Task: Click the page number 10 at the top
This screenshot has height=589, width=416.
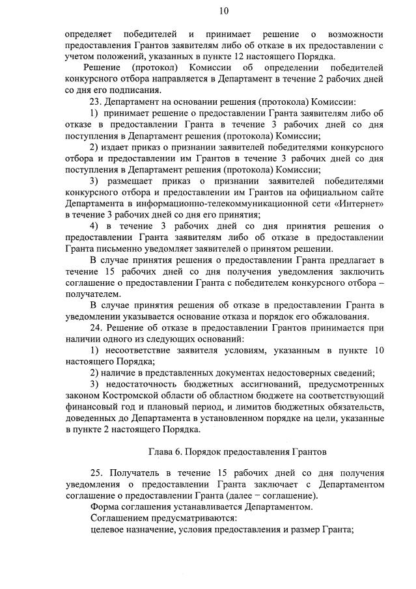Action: click(225, 10)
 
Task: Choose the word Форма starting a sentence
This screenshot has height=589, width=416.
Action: click(105, 506)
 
